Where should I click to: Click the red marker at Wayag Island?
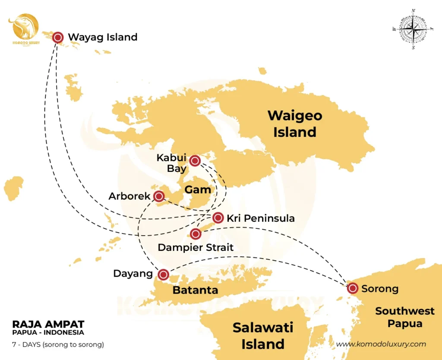[58, 37]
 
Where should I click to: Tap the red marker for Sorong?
[353, 288]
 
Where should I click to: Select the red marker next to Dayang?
[163, 274]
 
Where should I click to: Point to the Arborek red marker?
[159, 196]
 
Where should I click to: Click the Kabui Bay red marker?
[195, 161]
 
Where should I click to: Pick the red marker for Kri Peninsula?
[218, 218]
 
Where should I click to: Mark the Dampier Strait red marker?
[196, 234]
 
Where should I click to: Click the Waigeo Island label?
[295, 123]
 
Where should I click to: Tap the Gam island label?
[198, 189]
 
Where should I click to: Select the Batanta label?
[195, 290]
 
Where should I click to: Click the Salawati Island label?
[263, 335]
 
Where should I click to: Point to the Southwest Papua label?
[404, 317]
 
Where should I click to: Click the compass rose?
[414, 29]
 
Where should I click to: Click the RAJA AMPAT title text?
[48, 324]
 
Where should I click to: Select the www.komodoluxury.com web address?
[381, 344]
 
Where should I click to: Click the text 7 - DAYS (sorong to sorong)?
[58, 344]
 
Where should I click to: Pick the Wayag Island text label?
[103, 37]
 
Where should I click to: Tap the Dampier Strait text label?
[196, 247]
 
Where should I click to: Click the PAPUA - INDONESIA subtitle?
[48, 332]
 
